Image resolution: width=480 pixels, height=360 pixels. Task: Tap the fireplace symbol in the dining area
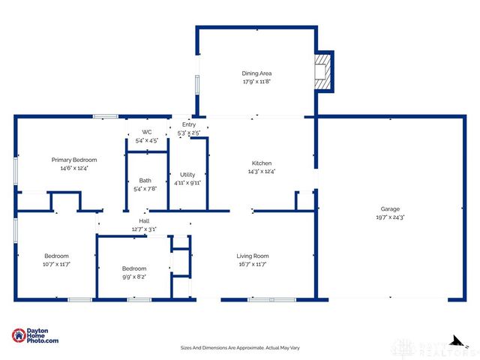click(322, 71)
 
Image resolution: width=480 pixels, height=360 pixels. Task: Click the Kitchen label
click(261, 163)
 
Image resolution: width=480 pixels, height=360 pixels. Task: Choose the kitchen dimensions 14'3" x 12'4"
click(261, 172)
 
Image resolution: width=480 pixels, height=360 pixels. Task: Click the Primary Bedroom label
click(73, 160)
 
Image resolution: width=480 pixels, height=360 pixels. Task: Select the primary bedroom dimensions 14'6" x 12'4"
click(73, 168)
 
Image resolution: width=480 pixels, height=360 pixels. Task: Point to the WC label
click(146, 132)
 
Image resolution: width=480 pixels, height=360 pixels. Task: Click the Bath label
click(145, 180)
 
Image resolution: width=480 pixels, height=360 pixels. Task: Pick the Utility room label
click(187, 174)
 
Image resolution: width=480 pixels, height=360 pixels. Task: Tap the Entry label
click(188, 124)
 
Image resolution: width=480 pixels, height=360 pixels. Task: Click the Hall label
click(143, 220)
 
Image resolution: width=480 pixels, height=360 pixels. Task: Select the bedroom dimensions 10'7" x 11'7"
click(56, 264)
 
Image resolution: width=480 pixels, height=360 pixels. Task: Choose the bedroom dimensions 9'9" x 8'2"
click(134, 277)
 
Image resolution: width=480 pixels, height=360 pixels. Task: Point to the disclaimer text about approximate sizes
click(239, 347)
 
